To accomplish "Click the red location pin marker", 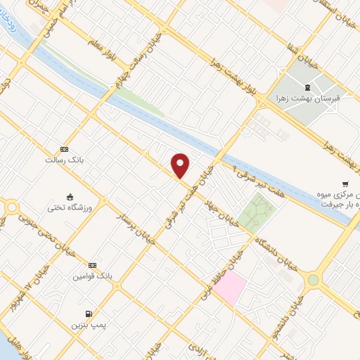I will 181,165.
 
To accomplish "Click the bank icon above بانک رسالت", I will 65,149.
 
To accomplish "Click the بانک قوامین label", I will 89,276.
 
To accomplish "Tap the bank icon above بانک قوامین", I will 92,264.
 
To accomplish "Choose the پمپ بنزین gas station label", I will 84,326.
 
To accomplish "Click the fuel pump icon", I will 87,313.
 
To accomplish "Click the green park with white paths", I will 258,210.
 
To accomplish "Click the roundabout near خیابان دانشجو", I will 313,280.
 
